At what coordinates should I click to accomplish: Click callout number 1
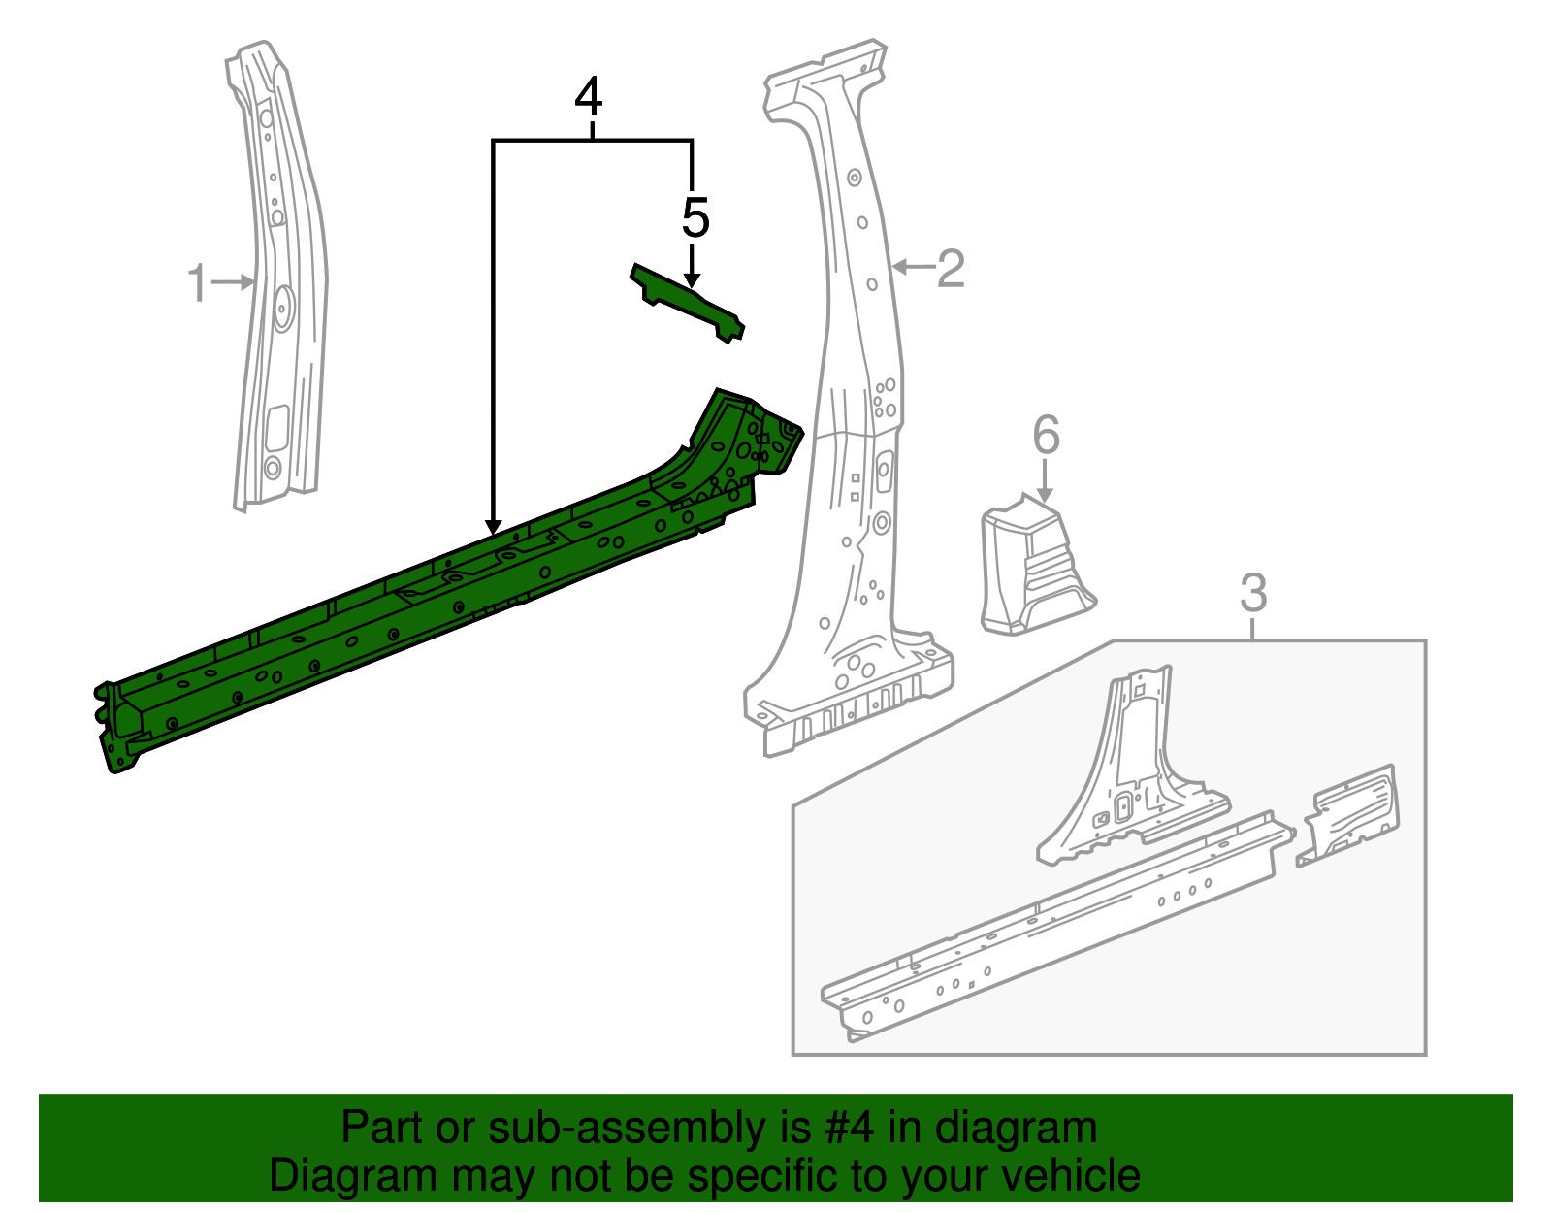click(197, 283)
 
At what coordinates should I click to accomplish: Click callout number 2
click(951, 268)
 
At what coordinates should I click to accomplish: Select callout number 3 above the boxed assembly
click(1253, 592)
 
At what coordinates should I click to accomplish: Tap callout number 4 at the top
click(589, 99)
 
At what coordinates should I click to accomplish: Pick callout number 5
click(695, 217)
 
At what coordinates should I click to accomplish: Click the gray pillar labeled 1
click(281, 291)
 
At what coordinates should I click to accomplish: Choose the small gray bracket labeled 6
click(1033, 568)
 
